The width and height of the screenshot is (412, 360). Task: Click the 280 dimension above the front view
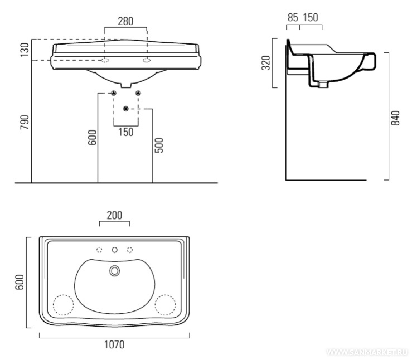coord(126,21)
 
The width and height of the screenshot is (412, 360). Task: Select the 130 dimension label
coord(24,50)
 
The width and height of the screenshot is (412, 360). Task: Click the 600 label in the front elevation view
coord(92,137)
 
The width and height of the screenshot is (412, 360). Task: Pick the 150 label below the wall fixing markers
coord(126,132)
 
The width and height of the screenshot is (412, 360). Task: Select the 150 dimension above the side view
coord(310,18)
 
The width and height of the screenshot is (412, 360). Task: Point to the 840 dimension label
coord(395,118)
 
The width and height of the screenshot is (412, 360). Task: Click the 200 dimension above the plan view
coord(114,215)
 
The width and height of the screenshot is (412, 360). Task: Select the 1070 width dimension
coord(114,344)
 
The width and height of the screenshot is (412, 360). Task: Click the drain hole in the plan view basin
coord(115,271)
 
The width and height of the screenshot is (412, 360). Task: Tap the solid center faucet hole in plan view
coord(114,250)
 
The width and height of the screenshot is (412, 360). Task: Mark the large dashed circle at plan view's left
coord(63,305)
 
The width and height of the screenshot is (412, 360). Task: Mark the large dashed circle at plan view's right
coord(166,305)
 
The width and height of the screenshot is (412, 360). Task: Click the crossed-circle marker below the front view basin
coord(126,108)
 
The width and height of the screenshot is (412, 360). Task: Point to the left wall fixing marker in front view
coord(113,93)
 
